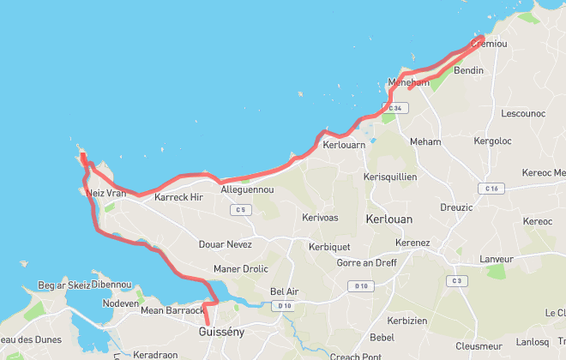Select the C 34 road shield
click(x=394, y=108)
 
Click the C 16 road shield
click(x=491, y=188)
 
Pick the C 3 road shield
click(x=457, y=281)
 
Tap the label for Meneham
click(x=407, y=82)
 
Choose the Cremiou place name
click(x=490, y=43)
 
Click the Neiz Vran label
click(x=106, y=194)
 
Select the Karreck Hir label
click(x=178, y=197)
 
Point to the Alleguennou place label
click(x=247, y=189)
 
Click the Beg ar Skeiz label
click(x=64, y=285)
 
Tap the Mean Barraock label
click(x=172, y=311)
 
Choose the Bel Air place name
click(x=284, y=291)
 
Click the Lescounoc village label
click(x=522, y=113)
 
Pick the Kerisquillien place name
click(x=390, y=177)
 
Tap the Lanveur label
click(x=496, y=258)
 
